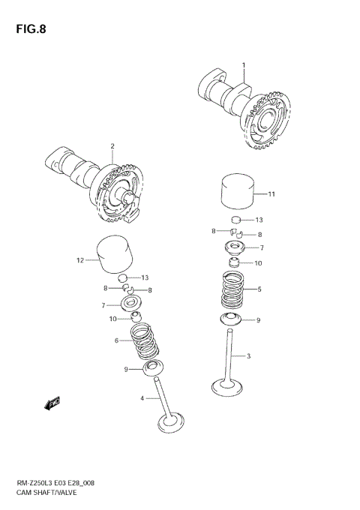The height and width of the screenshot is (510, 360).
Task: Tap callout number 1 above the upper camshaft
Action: coord(243,66)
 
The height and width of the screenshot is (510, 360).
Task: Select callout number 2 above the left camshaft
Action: coord(112,145)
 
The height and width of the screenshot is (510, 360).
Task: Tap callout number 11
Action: coord(271,194)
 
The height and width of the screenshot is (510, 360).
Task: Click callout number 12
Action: coord(79,261)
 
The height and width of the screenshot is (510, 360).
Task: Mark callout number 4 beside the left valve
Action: coord(142,398)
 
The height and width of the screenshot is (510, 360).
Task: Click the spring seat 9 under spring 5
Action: coord(235,320)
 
